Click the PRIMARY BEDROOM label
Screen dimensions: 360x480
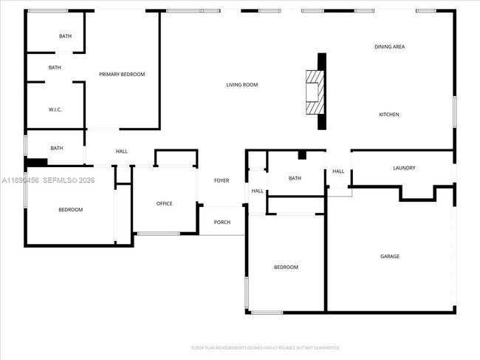[x=122, y=74]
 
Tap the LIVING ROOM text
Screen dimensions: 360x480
[x=241, y=85]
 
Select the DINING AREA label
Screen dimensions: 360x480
[x=389, y=47]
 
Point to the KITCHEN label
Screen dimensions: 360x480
[x=389, y=115]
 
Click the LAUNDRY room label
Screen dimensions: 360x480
[x=404, y=168]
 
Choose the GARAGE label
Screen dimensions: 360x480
[x=390, y=257]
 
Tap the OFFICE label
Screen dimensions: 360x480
[x=164, y=203]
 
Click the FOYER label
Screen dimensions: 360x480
[x=222, y=180]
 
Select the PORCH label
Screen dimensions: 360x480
[x=222, y=222]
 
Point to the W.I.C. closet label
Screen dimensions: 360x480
[x=55, y=109]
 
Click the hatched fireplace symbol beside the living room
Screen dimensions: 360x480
[x=315, y=92]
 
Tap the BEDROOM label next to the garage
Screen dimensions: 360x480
[x=286, y=267]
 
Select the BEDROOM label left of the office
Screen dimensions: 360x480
[x=71, y=210]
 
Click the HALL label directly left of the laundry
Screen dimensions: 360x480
[x=338, y=171]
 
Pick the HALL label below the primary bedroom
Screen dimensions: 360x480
[x=122, y=152]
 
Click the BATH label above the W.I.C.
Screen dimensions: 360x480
[x=55, y=67]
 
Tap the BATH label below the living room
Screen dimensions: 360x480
[x=295, y=178]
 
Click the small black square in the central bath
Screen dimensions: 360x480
[x=301, y=154]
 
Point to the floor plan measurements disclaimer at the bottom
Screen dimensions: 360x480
[x=265, y=347]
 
